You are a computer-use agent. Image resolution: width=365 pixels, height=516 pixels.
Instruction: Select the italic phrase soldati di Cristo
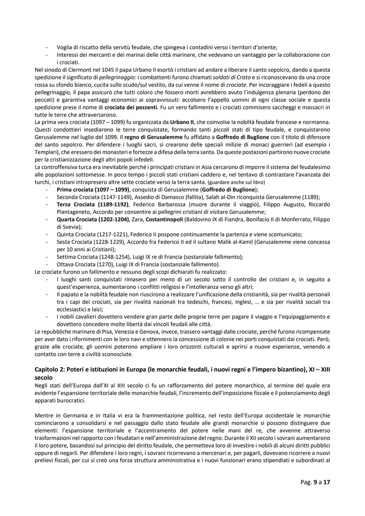pos(231,77)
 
